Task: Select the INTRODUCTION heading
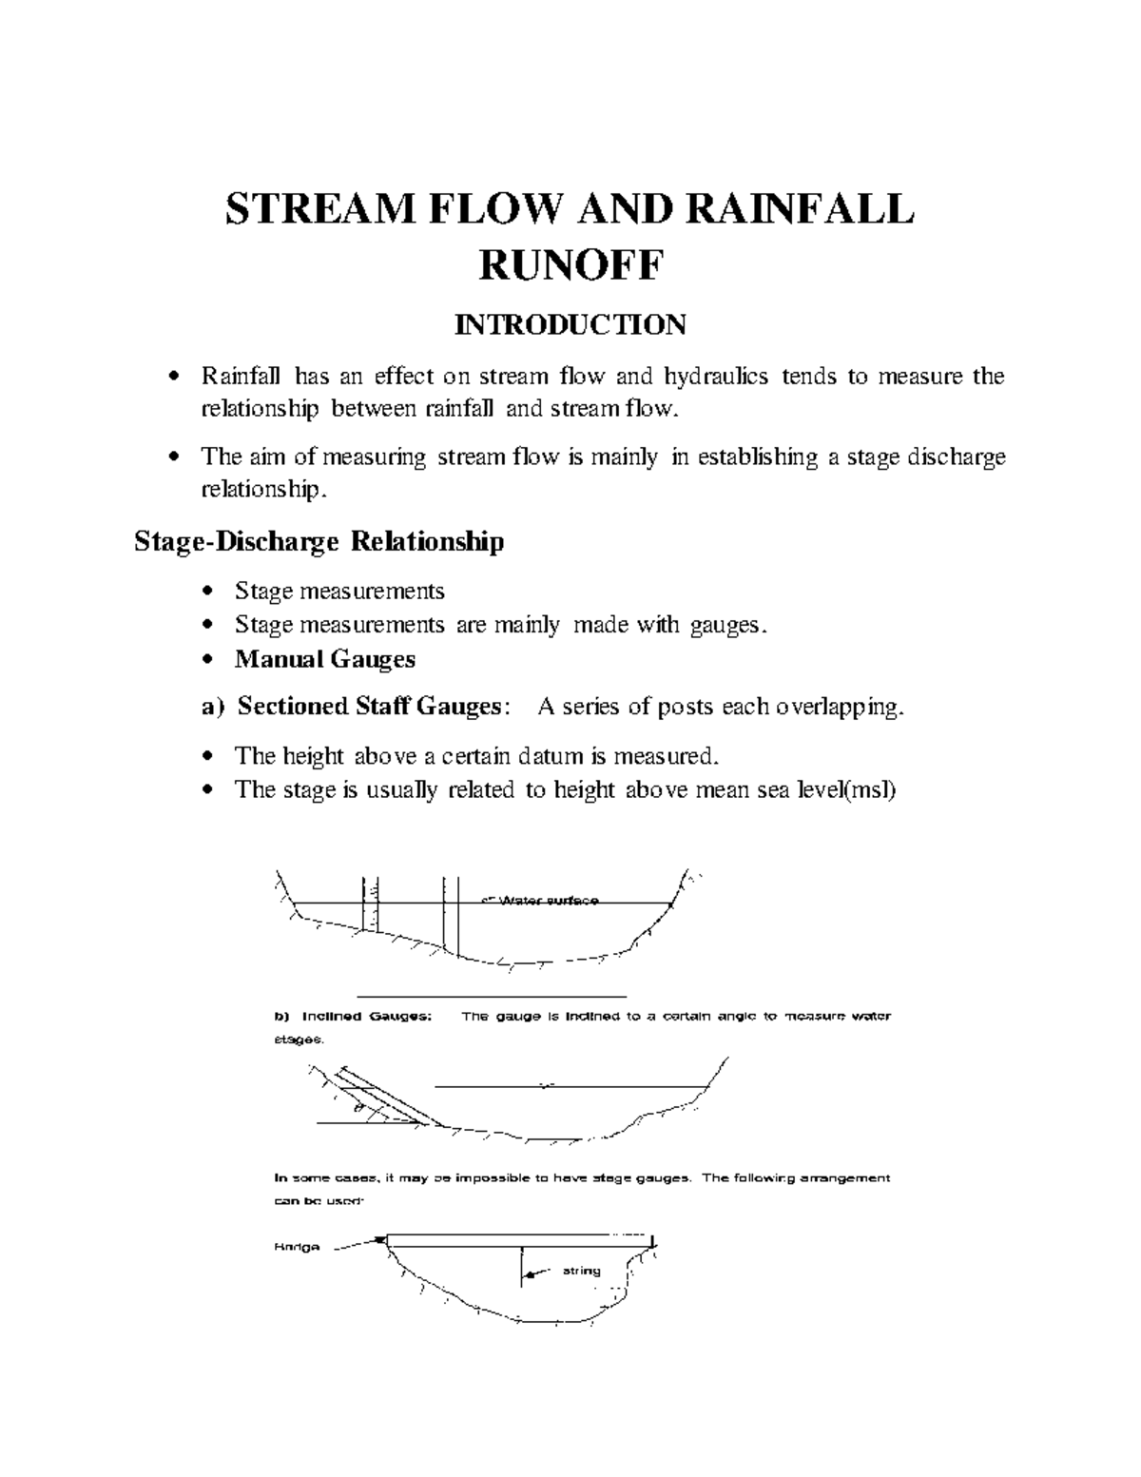570,325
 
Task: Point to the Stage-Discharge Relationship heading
319,542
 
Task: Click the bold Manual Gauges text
325,658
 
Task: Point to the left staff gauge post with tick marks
370,904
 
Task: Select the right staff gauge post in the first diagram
451,913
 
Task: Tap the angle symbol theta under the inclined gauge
358,1108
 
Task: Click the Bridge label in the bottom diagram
298,1246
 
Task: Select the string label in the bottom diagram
581,1270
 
